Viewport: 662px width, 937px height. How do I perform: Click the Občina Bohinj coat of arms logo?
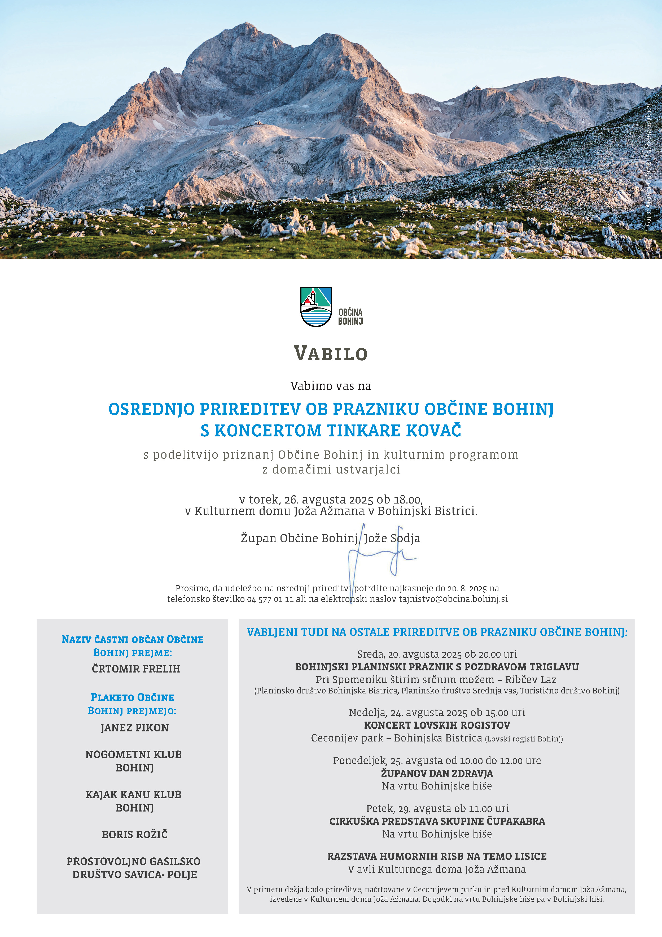tap(316, 307)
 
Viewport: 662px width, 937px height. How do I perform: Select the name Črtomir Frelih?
tap(136, 669)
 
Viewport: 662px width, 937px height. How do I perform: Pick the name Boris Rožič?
tap(135, 835)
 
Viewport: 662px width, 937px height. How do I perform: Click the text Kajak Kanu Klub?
tap(133, 795)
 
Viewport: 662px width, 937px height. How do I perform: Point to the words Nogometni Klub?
tap(133, 754)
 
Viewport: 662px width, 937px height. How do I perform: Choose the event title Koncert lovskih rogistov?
tap(437, 725)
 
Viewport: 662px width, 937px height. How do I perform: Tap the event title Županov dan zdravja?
tap(437, 773)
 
